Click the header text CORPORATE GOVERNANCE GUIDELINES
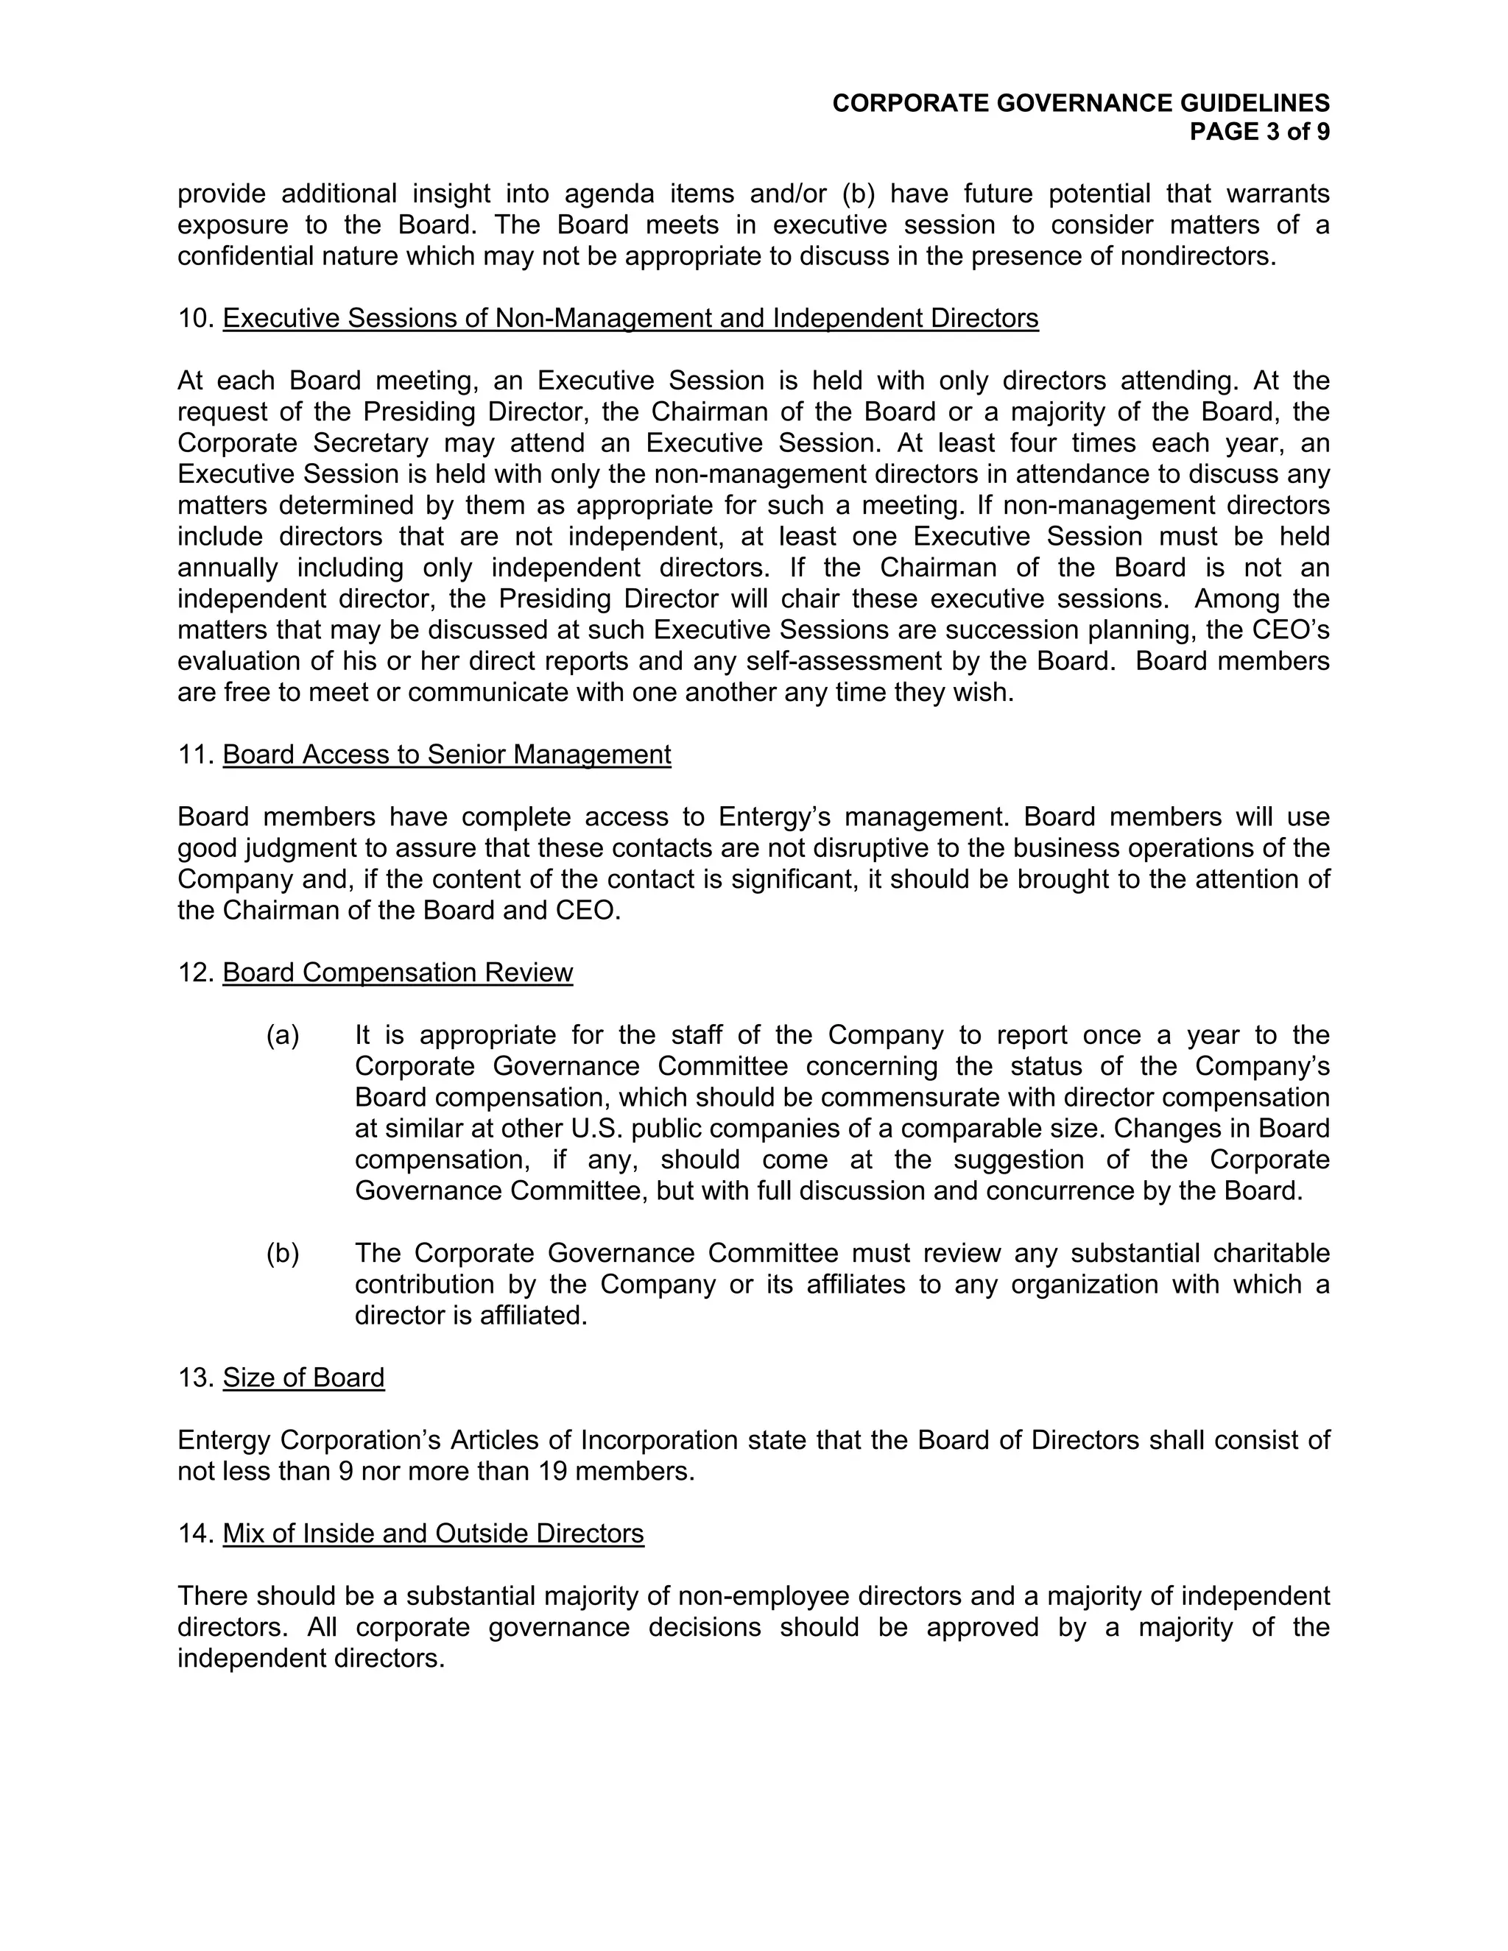1080,104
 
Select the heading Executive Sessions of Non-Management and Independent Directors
630,318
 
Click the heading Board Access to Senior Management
447,755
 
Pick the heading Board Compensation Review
398,973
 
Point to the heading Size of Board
304,1377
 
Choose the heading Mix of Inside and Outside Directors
433,1534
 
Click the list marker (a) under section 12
282,1035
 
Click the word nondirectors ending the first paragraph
1197,256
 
